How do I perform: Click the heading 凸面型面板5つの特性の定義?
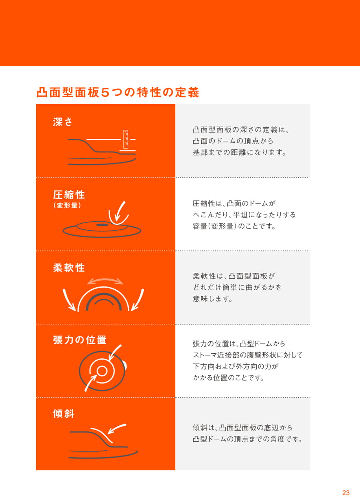click(118, 92)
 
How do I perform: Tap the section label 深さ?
click(62, 122)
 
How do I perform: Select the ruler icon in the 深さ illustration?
click(126, 139)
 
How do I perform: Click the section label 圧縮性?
click(69, 195)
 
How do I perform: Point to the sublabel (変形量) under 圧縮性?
click(67, 205)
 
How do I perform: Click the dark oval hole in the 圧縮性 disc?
click(102, 225)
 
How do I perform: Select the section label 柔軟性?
click(69, 268)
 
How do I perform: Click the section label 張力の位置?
click(80, 340)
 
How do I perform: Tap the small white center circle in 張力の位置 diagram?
click(102, 371)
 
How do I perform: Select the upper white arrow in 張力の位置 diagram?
click(114, 353)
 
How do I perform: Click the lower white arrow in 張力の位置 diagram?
click(90, 383)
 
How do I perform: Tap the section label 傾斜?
click(64, 413)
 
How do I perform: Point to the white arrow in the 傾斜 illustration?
click(117, 429)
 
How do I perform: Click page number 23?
click(346, 493)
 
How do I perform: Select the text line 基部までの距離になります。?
click(239, 152)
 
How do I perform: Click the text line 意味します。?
click(212, 299)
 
